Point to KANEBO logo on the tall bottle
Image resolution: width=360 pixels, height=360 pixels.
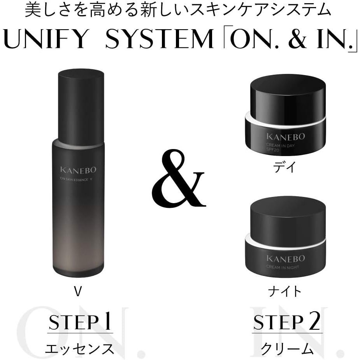pos(78,170)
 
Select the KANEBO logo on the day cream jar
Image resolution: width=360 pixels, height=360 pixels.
pos(286,136)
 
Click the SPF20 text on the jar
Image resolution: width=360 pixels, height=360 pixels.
pos(272,150)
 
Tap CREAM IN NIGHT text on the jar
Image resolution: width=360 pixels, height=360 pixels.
pos(283,267)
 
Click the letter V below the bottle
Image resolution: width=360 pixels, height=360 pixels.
pos(78,292)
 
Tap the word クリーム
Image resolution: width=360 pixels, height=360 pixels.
pos(287,349)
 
